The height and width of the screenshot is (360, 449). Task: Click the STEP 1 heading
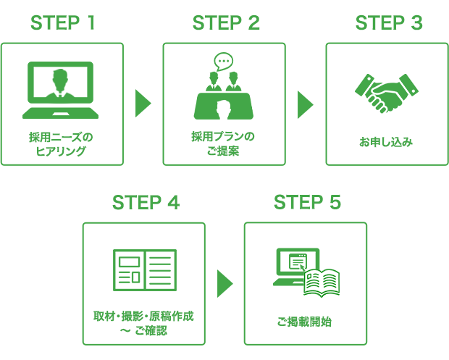pyautogui.click(x=63, y=23)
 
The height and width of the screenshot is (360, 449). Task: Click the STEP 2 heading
pyautogui.click(x=225, y=23)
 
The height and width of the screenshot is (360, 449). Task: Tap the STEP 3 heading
pyautogui.click(x=388, y=23)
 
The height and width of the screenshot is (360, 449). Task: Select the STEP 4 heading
pyautogui.click(x=145, y=203)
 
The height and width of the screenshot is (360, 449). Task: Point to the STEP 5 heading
pyautogui.click(x=306, y=203)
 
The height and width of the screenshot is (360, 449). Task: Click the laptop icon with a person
pyautogui.click(x=62, y=91)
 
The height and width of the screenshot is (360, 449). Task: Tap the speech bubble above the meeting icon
pyautogui.click(x=224, y=61)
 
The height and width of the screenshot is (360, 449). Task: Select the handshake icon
pyautogui.click(x=386, y=92)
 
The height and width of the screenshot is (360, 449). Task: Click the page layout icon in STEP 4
pyautogui.click(x=144, y=269)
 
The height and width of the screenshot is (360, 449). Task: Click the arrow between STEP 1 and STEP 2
pyautogui.click(x=143, y=104)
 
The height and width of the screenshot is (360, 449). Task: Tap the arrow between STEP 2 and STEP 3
pyautogui.click(x=305, y=104)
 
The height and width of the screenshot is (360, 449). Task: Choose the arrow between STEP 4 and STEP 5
pyautogui.click(x=224, y=283)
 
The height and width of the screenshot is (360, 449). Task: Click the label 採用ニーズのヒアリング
pyautogui.click(x=62, y=143)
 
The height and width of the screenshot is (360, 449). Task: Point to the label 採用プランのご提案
pyautogui.click(x=224, y=143)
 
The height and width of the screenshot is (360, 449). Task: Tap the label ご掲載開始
pyautogui.click(x=305, y=322)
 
